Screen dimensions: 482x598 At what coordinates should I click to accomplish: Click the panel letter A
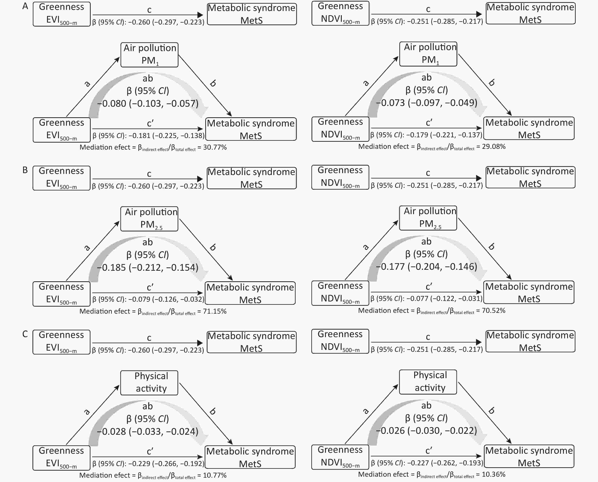pos(25,6)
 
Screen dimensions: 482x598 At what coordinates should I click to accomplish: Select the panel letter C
pos(25,334)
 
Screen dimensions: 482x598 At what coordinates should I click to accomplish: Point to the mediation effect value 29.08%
pos(493,146)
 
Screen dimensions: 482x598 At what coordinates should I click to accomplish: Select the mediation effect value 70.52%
pos(493,310)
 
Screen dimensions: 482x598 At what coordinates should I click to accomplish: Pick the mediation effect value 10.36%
pos(493,474)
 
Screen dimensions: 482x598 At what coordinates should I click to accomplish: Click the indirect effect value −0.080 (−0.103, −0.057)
pos(148,104)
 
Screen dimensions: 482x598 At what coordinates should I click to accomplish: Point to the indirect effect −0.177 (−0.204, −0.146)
pos(426,267)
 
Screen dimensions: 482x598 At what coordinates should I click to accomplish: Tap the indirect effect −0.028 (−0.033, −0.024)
pos(148,432)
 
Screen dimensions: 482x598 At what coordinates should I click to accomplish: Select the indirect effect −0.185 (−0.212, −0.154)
pos(148,267)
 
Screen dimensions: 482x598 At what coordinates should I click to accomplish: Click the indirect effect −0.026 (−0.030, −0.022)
pos(426,431)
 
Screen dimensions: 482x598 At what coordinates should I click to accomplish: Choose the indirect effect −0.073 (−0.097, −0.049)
pos(426,103)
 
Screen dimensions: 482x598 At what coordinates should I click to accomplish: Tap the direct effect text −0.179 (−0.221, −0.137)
pos(444,135)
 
